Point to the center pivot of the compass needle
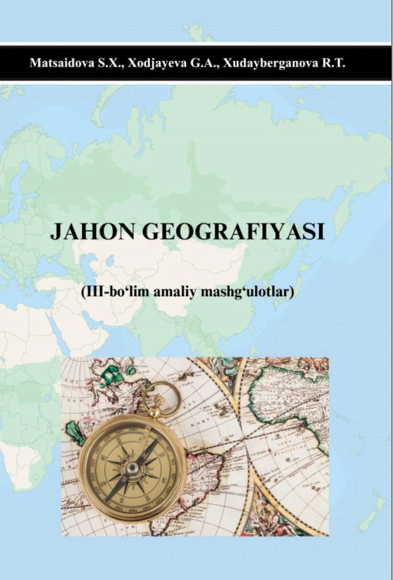133,467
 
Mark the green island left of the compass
74,431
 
